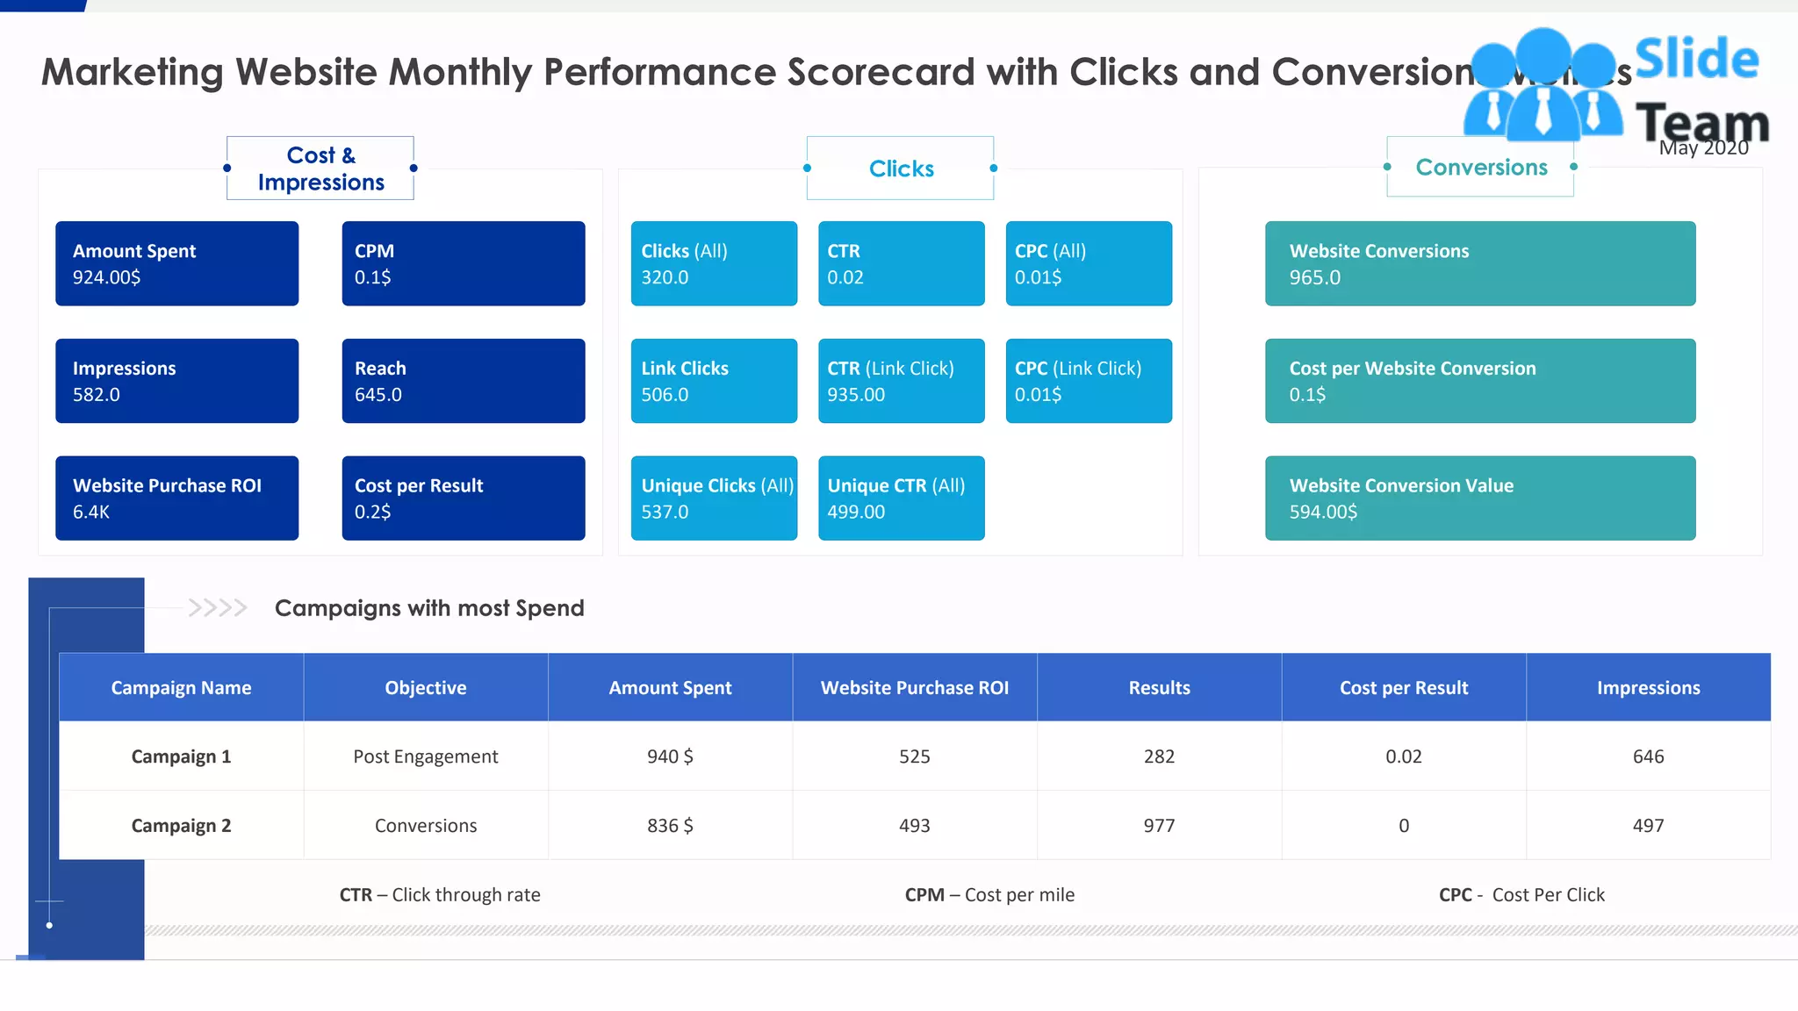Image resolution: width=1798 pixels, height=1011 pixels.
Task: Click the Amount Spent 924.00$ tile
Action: click(x=176, y=263)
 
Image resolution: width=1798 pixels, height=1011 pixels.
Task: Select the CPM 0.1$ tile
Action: click(x=463, y=263)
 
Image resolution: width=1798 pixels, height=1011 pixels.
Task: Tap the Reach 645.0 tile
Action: click(x=463, y=381)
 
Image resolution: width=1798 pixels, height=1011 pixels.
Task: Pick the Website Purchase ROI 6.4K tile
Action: click(x=176, y=498)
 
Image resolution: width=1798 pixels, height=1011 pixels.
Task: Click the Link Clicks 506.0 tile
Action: click(x=714, y=381)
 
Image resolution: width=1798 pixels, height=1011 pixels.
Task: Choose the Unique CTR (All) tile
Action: click(x=901, y=498)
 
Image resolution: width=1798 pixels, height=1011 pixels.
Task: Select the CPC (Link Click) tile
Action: click(x=1089, y=381)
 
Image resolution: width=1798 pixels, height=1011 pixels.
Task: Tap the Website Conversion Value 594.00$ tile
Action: click(x=1480, y=498)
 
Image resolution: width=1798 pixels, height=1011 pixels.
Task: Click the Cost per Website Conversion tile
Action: click(x=1480, y=381)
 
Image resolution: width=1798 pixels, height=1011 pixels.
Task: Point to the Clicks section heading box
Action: click(x=901, y=168)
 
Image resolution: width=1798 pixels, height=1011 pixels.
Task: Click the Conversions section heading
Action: click(x=1481, y=167)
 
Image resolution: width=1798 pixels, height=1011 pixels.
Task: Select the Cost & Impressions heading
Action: click(x=320, y=168)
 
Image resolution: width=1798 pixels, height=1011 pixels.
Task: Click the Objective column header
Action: click(x=426, y=687)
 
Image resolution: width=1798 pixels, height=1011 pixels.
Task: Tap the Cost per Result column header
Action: click(x=1404, y=687)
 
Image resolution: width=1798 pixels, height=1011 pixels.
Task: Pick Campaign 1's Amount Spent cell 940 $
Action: click(x=670, y=756)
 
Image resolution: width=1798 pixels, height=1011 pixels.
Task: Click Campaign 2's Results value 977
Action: click(x=1159, y=825)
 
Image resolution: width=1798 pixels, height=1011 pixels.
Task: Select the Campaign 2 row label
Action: click(x=181, y=825)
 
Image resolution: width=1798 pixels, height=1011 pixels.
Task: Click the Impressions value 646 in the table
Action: click(x=1648, y=756)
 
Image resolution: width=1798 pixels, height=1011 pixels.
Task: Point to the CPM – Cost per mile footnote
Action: click(x=989, y=894)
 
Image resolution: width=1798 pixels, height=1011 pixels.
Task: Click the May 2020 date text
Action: click(x=1703, y=148)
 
